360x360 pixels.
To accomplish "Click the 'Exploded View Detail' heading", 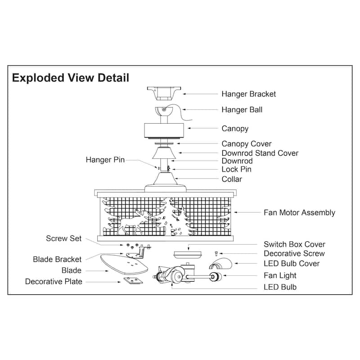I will pyautogui.click(x=71, y=78).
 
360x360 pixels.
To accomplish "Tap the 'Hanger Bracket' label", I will pyautogui.click(x=248, y=94).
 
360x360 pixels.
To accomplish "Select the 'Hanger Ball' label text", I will pyautogui.click(x=242, y=109).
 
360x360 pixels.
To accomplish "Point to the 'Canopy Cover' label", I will pyautogui.click(x=246, y=144).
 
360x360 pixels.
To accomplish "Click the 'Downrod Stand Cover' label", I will pyautogui.click(x=260, y=153).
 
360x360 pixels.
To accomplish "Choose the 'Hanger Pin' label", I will pyautogui.click(x=105, y=160).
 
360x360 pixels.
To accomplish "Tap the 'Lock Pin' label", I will pyautogui.click(x=236, y=169).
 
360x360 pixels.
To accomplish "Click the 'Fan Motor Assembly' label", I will pyautogui.click(x=299, y=212).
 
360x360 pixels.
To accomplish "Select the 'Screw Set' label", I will pyautogui.click(x=64, y=238).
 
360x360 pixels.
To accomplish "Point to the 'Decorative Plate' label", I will pyautogui.click(x=54, y=282).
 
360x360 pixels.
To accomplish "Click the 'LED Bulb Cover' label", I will pyautogui.click(x=292, y=263).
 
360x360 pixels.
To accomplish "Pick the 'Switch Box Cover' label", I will pyautogui.click(x=294, y=244).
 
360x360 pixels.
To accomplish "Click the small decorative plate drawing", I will pyautogui.click(x=132, y=281).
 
